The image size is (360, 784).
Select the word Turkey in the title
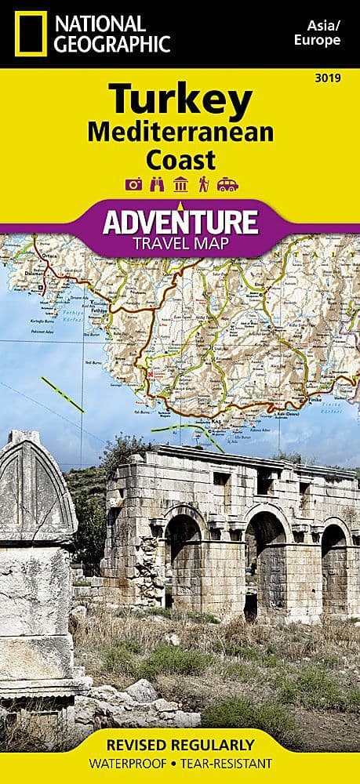[x=180, y=100]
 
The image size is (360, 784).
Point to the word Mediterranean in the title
[x=180, y=132]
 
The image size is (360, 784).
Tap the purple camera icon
[x=133, y=184]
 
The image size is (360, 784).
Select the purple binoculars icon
[x=157, y=184]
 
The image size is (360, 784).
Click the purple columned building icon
[x=180, y=184]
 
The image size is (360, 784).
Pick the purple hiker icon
[x=203, y=184]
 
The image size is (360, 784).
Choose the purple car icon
[x=227, y=184]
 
